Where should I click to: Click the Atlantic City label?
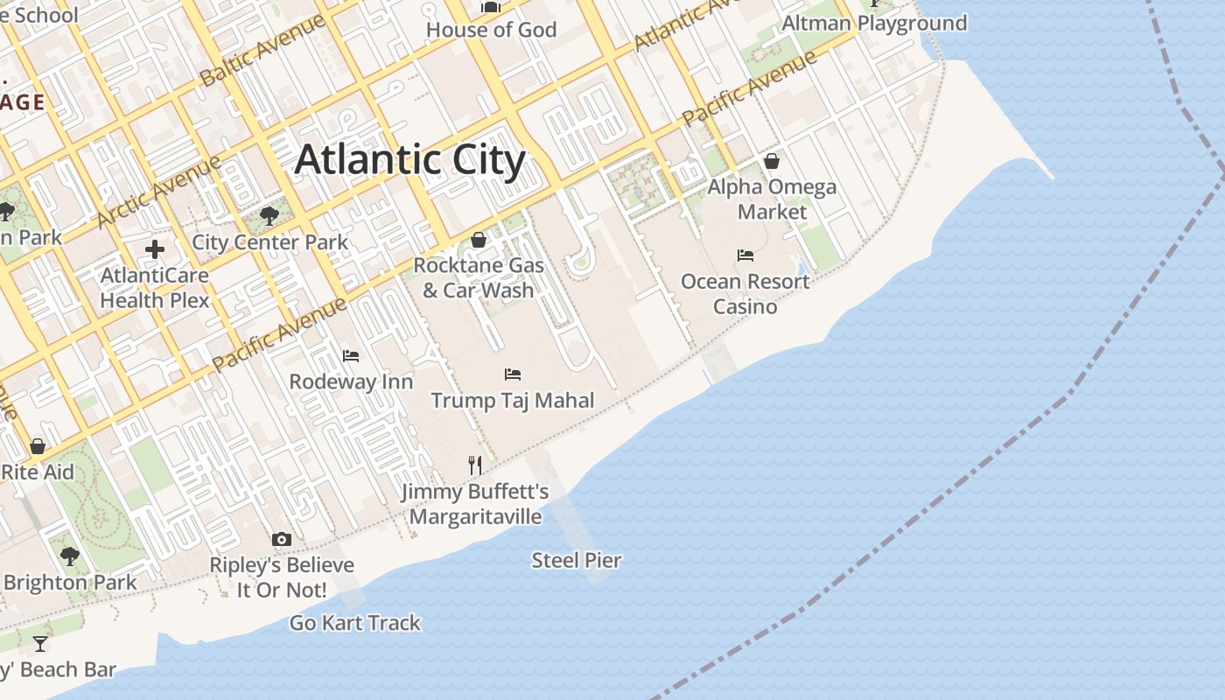click(409, 160)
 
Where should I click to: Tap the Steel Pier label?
click(577, 560)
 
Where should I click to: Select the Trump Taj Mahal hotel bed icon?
click(513, 374)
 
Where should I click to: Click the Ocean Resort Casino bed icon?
click(745, 255)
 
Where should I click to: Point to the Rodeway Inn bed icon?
click(351, 356)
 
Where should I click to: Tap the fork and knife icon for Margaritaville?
click(475, 465)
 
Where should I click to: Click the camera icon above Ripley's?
click(281, 539)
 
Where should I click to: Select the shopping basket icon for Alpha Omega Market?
click(772, 161)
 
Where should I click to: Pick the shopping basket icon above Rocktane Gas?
click(479, 240)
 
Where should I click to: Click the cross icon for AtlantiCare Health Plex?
click(155, 249)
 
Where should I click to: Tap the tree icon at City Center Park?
click(269, 216)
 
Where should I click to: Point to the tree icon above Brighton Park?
click(69, 556)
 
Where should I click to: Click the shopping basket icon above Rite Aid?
click(38, 446)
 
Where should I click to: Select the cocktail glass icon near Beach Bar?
click(40, 645)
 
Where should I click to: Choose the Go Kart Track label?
click(355, 623)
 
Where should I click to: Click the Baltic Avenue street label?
click(262, 51)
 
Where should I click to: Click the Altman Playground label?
click(874, 24)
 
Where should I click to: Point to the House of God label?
click(491, 30)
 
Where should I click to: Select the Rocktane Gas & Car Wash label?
click(479, 277)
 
